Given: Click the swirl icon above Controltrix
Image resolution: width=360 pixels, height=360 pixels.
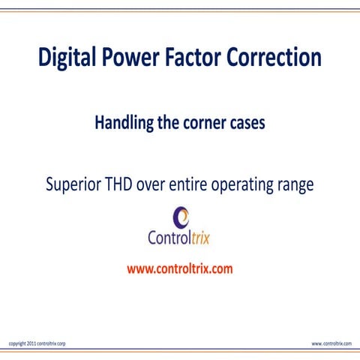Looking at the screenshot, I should point(181,217).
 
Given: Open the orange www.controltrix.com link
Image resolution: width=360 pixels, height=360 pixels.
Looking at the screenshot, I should point(180,268).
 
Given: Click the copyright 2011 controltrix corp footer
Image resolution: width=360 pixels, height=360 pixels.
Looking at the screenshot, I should point(36,343).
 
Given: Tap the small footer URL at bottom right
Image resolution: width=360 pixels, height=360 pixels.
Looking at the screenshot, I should point(331,343).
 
